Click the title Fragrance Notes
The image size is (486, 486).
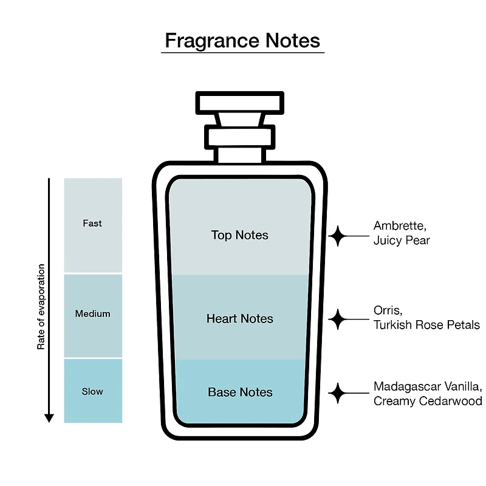coord(242,41)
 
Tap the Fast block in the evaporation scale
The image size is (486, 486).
coord(93,225)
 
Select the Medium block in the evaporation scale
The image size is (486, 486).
coord(93,316)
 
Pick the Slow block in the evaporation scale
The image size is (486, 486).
coord(93,391)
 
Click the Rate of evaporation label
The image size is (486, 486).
coord(41,307)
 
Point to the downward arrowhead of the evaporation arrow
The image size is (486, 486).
coord(49,418)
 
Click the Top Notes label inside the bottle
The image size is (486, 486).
coord(239,235)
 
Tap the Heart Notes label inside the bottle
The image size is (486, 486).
coord(239,318)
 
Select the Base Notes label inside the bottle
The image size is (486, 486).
coord(240,392)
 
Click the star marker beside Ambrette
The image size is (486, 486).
coord(338,236)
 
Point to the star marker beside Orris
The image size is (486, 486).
coord(338,320)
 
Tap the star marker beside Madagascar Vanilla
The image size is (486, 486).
coord(338,393)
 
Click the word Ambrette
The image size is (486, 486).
coord(400,226)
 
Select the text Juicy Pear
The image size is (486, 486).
coord(402,241)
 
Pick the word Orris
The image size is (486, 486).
coord(388,310)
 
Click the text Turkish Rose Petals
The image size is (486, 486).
coord(426,325)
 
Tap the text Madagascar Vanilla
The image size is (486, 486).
coord(428,386)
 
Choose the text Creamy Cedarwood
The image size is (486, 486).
coord(428,401)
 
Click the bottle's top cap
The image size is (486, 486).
coord(240,103)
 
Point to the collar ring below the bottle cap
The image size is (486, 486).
coord(239,137)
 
